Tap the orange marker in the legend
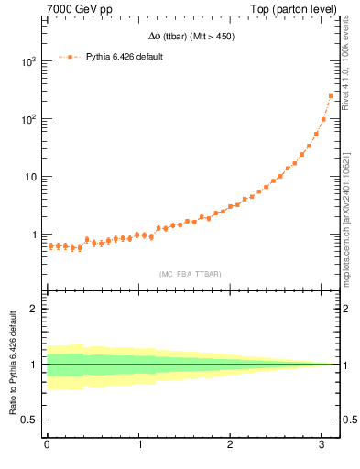pos(70,57)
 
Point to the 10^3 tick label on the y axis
pos(27,61)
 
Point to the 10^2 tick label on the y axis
pos(27,119)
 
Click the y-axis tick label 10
pos(30,177)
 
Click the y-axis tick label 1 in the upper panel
pos(35,234)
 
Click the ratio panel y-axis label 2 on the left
pos(35,309)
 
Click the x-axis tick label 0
pos(47,446)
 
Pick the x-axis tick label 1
pos(139,446)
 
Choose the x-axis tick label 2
pos(232,446)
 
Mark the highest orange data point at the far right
pos(331,95)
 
